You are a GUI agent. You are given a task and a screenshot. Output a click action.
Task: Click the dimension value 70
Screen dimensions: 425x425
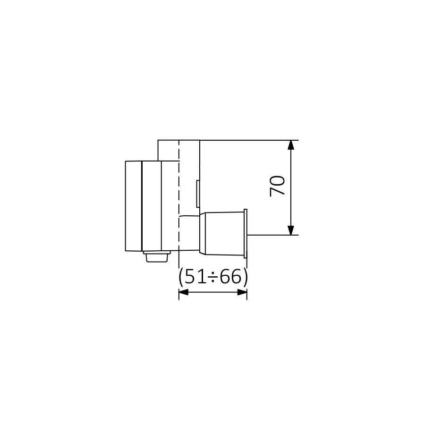278,186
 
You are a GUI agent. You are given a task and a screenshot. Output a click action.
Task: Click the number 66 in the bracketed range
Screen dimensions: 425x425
230,277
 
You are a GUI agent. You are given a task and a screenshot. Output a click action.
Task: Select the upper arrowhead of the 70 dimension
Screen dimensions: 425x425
290,145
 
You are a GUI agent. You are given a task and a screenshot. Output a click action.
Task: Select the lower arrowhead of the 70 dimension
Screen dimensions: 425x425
290,230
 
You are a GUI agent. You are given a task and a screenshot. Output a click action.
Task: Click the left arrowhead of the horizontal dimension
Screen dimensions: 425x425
184,292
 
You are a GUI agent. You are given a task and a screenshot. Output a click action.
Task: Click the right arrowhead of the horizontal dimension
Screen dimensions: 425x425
242,292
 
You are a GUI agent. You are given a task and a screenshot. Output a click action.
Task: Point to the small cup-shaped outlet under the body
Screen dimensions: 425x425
157,256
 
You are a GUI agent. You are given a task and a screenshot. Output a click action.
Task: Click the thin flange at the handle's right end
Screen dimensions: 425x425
246,233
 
